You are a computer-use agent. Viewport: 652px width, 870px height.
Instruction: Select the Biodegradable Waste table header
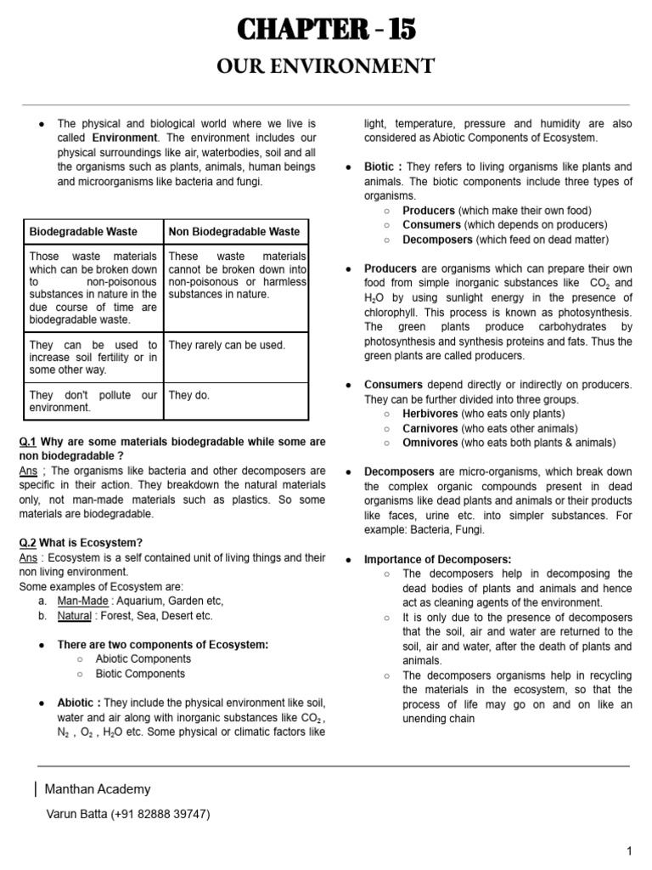click(83, 231)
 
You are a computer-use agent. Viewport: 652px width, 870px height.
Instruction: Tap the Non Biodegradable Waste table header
click(234, 231)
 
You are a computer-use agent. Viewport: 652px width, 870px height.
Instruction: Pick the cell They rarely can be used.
click(227, 345)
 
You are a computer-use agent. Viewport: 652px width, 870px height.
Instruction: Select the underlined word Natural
click(74, 615)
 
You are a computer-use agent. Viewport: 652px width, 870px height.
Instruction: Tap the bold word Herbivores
click(430, 414)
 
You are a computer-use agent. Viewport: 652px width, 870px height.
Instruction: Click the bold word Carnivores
click(430, 428)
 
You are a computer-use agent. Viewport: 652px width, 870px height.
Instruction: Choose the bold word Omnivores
click(430, 443)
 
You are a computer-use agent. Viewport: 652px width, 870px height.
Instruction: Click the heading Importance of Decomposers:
click(437, 559)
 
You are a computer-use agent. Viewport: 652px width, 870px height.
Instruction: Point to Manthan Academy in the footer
click(98, 789)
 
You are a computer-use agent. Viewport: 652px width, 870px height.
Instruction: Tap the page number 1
click(629, 851)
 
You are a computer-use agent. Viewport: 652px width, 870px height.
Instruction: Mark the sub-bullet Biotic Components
click(140, 674)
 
